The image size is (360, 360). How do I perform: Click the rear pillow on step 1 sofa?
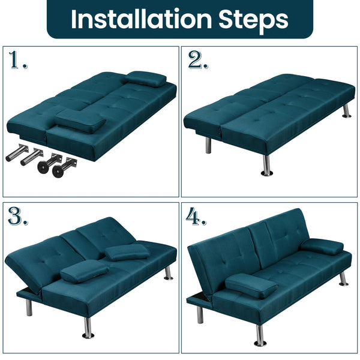(x=146, y=79)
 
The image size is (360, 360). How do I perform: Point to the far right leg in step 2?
(x=346, y=110)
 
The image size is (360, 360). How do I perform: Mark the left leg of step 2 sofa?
(x=208, y=145)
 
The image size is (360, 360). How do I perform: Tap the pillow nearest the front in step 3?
(x=84, y=271)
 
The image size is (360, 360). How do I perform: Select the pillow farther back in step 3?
(x=127, y=252)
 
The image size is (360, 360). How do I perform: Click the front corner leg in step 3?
(x=88, y=328)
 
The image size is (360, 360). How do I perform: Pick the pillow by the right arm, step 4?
(x=322, y=247)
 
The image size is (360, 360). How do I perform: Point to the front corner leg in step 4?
(x=260, y=334)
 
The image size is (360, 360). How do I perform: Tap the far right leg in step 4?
(x=343, y=278)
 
